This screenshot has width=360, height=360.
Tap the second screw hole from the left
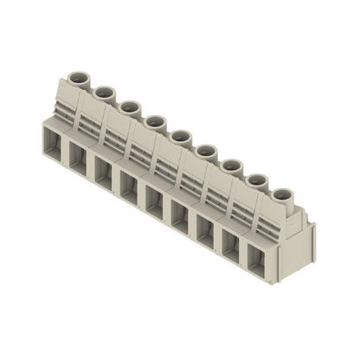pos(105,92)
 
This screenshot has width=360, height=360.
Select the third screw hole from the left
pos(130,106)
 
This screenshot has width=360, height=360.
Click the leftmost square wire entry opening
pos(51,138)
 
